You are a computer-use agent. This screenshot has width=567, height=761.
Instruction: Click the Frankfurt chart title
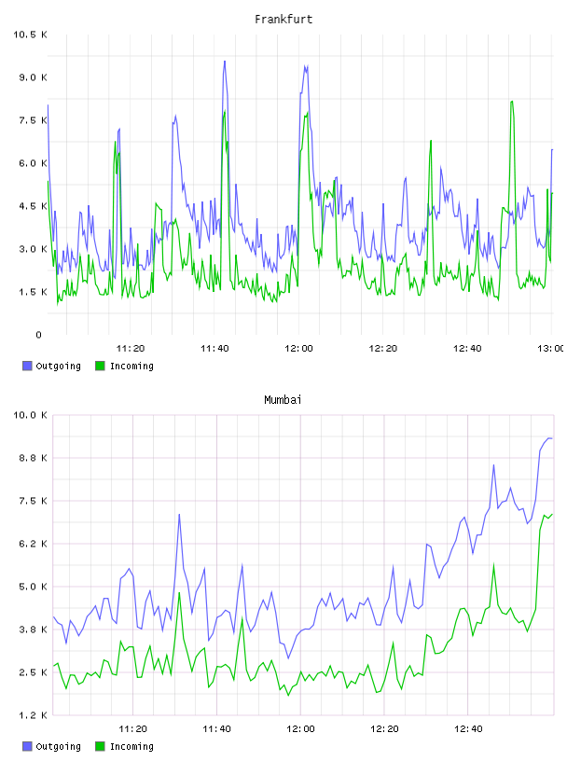coord(283,20)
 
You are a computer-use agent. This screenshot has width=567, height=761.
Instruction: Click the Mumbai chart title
coord(283,400)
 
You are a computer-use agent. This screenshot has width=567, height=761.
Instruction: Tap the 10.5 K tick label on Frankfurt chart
coord(30,35)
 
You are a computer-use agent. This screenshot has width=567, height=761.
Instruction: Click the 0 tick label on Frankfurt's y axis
coord(39,335)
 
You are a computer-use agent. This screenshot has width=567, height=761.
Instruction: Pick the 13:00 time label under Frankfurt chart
coord(550,349)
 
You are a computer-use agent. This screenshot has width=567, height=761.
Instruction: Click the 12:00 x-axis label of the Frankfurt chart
coord(298,349)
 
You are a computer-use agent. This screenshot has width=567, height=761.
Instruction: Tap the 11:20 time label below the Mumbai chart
coord(132,729)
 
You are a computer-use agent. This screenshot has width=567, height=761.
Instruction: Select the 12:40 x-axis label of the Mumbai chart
coord(468,729)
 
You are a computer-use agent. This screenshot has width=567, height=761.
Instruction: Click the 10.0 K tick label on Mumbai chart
coord(30,415)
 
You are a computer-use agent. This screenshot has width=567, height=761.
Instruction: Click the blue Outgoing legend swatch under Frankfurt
coord(27,366)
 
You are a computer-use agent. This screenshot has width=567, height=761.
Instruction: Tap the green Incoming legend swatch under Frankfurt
coord(100,366)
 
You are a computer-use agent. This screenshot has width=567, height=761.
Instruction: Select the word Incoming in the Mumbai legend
coord(131,747)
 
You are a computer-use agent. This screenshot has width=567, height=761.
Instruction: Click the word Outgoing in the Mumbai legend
coord(58,747)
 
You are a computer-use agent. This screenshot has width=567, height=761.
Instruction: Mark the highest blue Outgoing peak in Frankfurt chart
coord(224,62)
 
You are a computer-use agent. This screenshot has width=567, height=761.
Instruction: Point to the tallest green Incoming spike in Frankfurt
coord(512,102)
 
